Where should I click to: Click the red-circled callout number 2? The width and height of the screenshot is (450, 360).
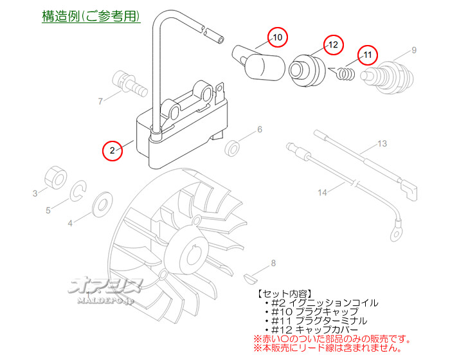[x=112, y=150]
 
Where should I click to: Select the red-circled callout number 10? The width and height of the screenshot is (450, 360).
[x=276, y=38]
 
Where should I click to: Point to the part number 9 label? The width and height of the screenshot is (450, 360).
[x=414, y=50]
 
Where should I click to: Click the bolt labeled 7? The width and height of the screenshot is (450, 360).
[x=126, y=82]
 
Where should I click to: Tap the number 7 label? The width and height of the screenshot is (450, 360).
[x=100, y=101]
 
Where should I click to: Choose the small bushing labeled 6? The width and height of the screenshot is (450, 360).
[x=233, y=148]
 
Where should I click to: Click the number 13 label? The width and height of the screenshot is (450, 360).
[x=382, y=144]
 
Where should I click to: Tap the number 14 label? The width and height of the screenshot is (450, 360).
[x=322, y=192]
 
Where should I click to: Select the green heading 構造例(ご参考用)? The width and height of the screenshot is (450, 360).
[x=91, y=16]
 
